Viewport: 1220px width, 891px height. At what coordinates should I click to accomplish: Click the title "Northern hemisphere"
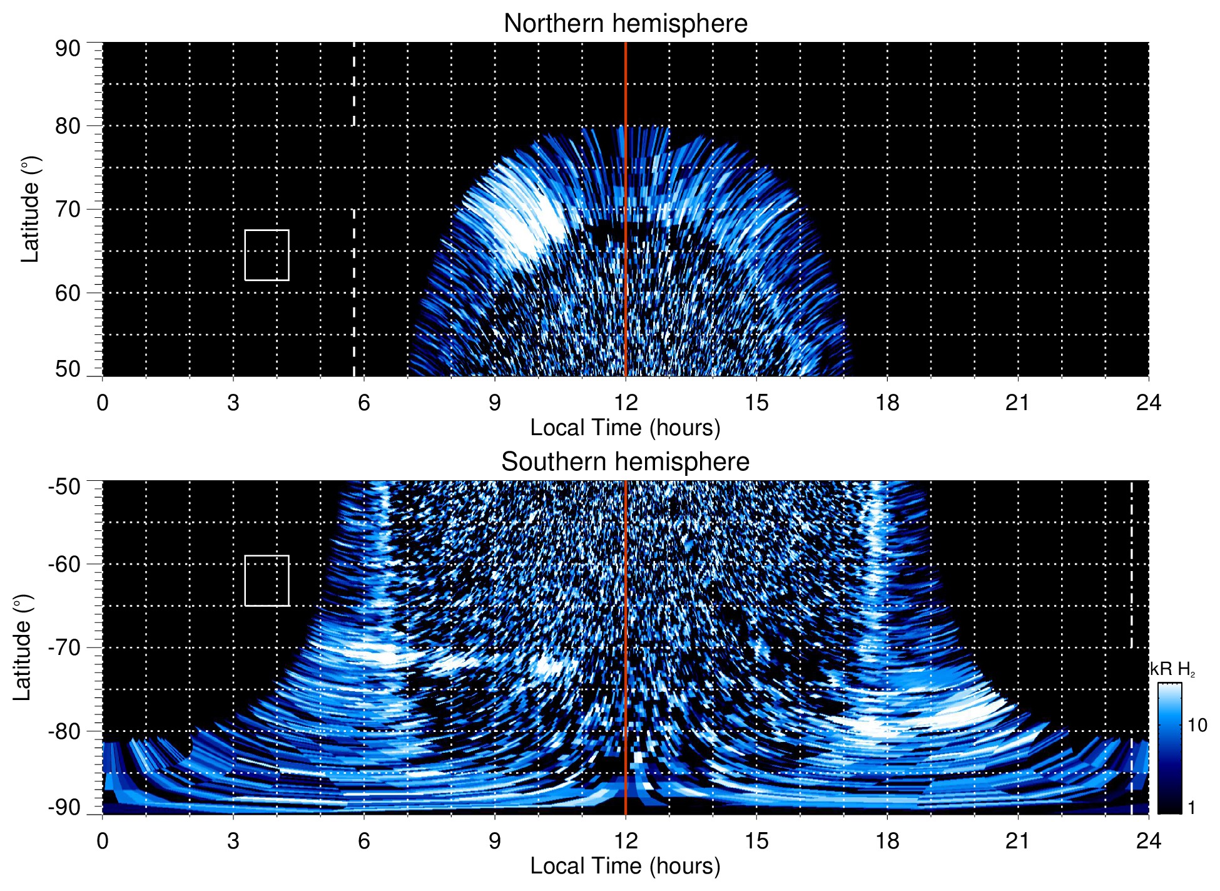pos(625,24)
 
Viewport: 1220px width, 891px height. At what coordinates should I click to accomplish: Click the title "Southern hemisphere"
pos(625,462)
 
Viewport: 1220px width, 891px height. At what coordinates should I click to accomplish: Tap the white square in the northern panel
pos(267,255)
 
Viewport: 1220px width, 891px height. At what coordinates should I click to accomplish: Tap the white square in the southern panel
pos(267,580)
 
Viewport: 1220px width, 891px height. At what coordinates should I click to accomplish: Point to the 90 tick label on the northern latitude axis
pos(68,49)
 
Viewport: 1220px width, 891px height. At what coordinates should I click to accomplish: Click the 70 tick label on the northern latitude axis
pos(68,209)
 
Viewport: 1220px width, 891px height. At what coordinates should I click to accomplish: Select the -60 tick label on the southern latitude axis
pos(64,564)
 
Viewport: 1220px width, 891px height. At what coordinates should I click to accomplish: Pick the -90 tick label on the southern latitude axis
pos(64,808)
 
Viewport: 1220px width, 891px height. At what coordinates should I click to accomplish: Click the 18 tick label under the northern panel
pos(887,403)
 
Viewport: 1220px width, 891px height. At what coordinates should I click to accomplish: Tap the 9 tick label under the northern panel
pos(495,403)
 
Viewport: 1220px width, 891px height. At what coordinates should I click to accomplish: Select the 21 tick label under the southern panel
pos(1017,841)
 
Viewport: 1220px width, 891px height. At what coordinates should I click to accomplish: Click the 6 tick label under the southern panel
pos(364,841)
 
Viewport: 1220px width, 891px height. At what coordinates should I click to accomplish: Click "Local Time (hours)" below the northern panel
pos(625,428)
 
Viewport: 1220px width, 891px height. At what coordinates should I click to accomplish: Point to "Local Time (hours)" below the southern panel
pos(625,866)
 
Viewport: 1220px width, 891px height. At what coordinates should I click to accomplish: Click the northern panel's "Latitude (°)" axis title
pos(30,209)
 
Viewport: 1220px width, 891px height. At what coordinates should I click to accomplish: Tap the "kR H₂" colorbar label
pos(1172,669)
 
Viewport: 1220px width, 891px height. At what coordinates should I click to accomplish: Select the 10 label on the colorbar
pos(1197,726)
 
